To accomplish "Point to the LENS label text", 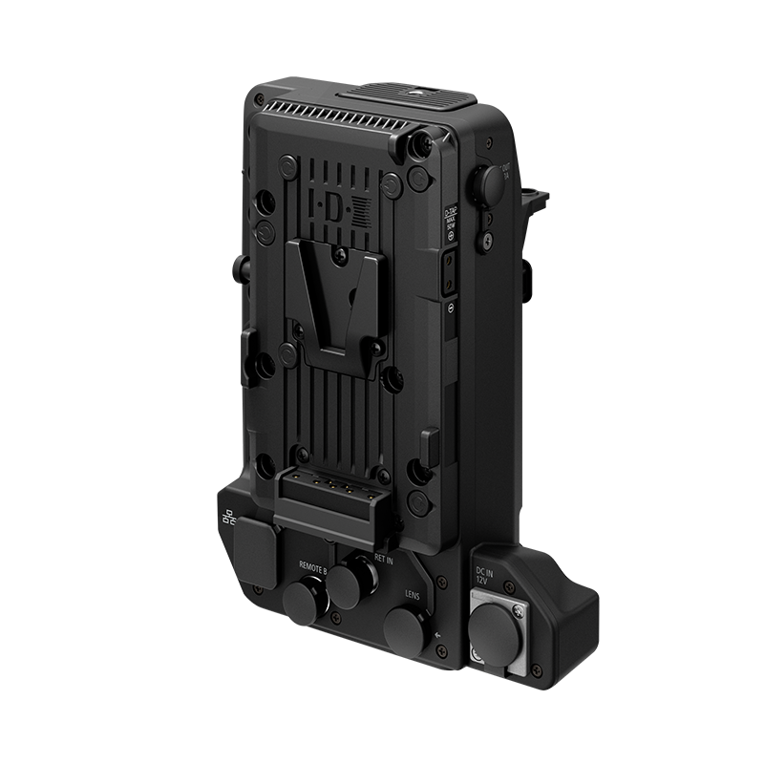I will [x=413, y=593].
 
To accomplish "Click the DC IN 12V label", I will [x=484, y=576].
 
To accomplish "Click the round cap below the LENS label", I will [x=406, y=628].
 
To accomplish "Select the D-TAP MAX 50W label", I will [x=452, y=223].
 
